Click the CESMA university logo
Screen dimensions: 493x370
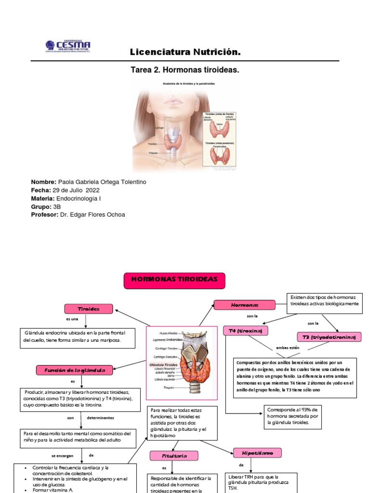68,47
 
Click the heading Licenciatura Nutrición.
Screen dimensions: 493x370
185,52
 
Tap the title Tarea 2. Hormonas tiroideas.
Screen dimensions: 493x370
185,70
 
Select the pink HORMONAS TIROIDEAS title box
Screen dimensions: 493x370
175,280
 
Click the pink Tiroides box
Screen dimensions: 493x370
89,309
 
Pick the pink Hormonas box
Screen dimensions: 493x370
244,305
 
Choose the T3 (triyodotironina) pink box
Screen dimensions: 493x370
329,337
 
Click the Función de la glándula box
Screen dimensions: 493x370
75,370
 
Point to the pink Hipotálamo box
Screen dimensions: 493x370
257,453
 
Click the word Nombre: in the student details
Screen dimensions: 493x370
43,182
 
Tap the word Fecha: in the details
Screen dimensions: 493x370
40,190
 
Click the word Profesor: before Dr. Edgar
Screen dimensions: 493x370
45,215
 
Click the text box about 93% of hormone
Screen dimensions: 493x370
293,417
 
